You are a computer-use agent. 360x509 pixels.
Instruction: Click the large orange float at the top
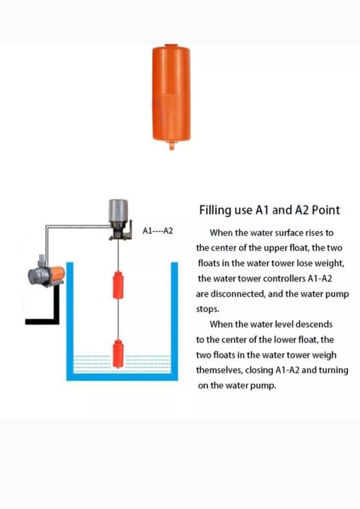pyautogui.click(x=170, y=92)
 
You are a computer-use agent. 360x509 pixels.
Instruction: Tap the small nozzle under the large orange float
pyautogui.click(x=170, y=146)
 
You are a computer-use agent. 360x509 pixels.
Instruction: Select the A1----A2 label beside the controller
pyautogui.click(x=158, y=230)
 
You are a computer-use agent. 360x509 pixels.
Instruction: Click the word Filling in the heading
pyautogui.click(x=214, y=210)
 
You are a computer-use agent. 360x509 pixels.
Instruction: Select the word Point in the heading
pyautogui.click(x=324, y=210)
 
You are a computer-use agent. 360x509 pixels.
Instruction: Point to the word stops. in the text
pyautogui.click(x=209, y=309)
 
